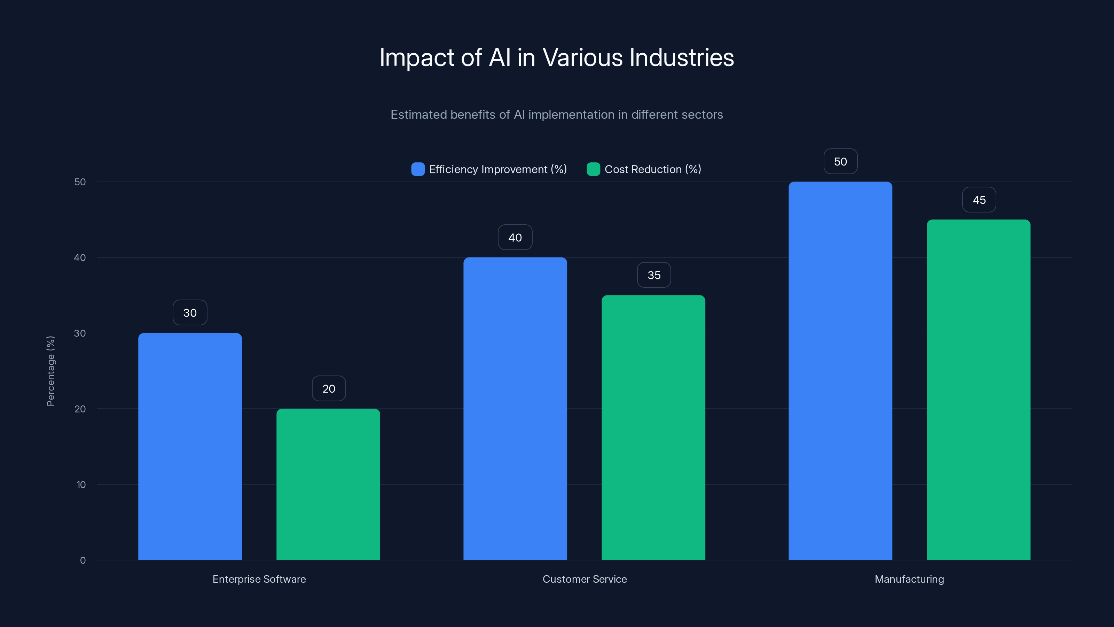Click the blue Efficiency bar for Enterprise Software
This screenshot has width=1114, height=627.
tap(190, 446)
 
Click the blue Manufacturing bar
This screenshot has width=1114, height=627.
tap(840, 370)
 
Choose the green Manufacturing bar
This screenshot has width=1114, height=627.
tap(979, 389)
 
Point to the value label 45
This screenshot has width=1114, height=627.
tap(979, 200)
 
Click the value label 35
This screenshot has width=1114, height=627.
tap(654, 275)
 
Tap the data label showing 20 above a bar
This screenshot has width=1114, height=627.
tap(329, 389)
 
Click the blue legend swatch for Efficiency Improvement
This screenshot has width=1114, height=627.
tap(418, 169)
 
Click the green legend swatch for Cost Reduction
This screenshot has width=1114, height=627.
tap(593, 169)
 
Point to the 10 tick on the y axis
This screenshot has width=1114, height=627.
tap(81, 485)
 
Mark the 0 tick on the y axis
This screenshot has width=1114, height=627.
tap(83, 560)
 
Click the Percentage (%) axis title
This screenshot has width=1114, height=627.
tap(50, 371)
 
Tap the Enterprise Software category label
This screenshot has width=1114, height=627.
tap(259, 579)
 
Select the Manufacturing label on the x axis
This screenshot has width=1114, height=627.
tap(909, 579)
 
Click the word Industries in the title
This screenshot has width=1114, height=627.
tap(682, 57)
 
